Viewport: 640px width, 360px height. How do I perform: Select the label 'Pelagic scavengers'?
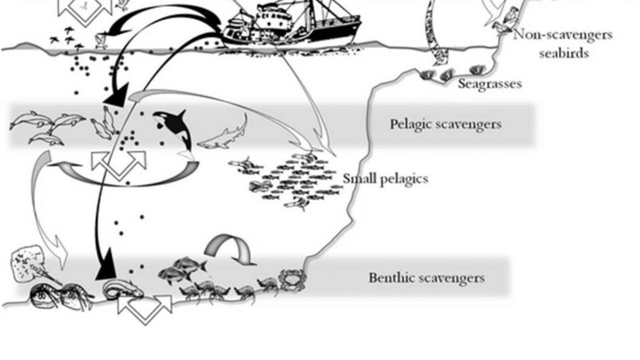pyautogui.click(x=446, y=124)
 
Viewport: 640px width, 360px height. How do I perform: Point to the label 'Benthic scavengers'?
pyautogui.click(x=427, y=278)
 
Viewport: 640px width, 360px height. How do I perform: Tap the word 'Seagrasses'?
pyautogui.click(x=490, y=84)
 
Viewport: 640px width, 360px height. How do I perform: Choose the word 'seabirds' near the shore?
pyautogui.click(x=564, y=53)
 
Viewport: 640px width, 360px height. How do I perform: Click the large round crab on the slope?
pyautogui.click(x=292, y=280)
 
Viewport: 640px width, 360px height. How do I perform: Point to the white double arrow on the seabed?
pyautogui.click(x=145, y=310)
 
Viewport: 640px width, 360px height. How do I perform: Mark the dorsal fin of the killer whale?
pyautogui.click(x=181, y=116)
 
